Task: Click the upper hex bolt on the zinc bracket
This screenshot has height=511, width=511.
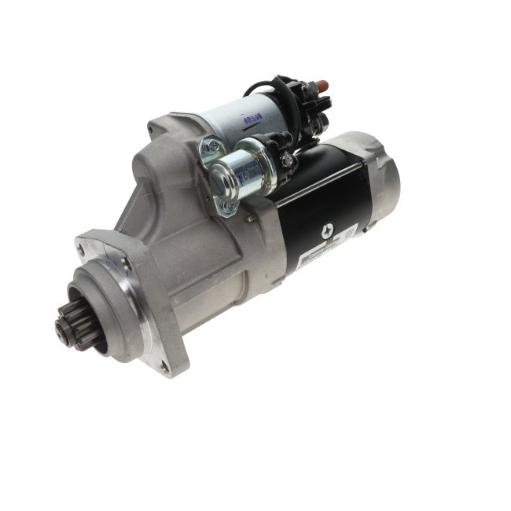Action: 208,145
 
